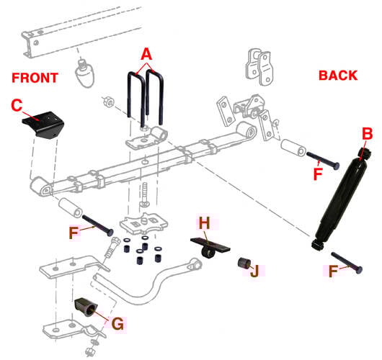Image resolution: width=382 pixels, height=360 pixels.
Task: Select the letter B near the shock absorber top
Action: [x=366, y=134]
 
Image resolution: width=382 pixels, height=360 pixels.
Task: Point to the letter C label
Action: [x=17, y=105]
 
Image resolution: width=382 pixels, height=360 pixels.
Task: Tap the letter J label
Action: [x=253, y=271]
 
